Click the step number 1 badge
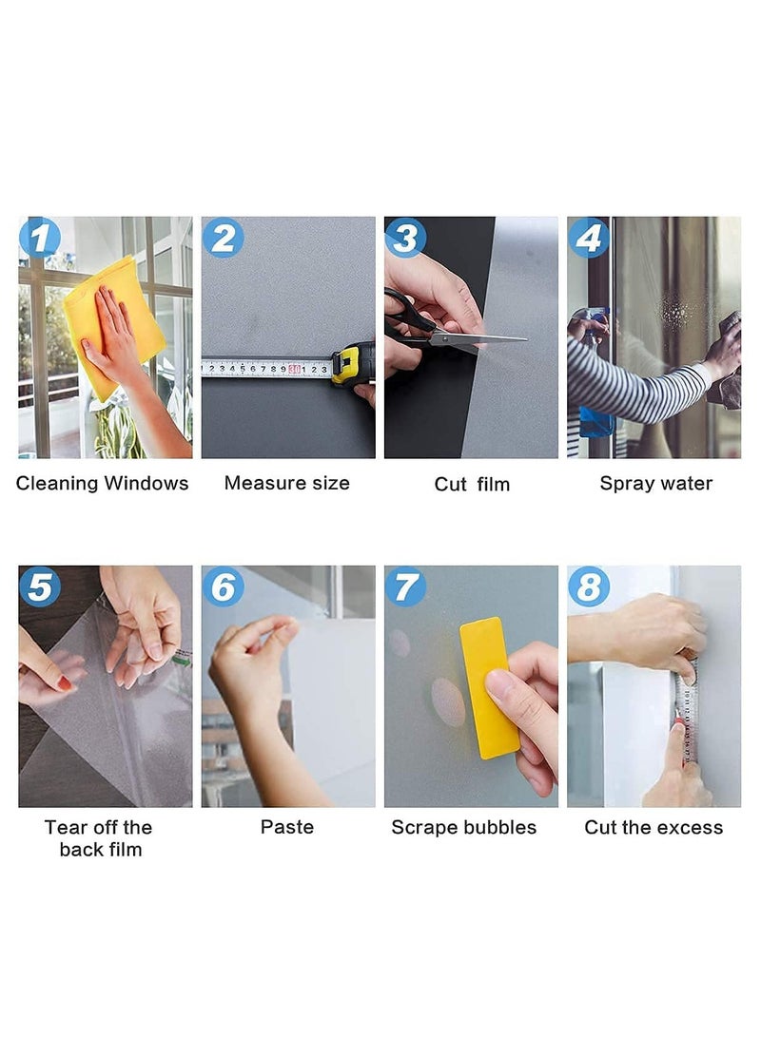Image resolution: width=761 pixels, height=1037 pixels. [x=40, y=237]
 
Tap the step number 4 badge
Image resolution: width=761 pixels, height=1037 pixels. [x=589, y=237]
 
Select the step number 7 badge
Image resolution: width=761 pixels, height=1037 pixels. [x=405, y=586]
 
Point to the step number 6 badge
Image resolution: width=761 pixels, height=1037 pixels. [x=223, y=586]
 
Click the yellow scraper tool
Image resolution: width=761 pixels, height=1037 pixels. [x=490, y=686]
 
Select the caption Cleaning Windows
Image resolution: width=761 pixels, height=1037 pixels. [x=103, y=484]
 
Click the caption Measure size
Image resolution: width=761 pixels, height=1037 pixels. [x=287, y=483]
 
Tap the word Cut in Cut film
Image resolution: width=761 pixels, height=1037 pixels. [x=451, y=484]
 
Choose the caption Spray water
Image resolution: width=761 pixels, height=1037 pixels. [x=656, y=484]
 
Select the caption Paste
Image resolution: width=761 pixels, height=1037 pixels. [x=287, y=827]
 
